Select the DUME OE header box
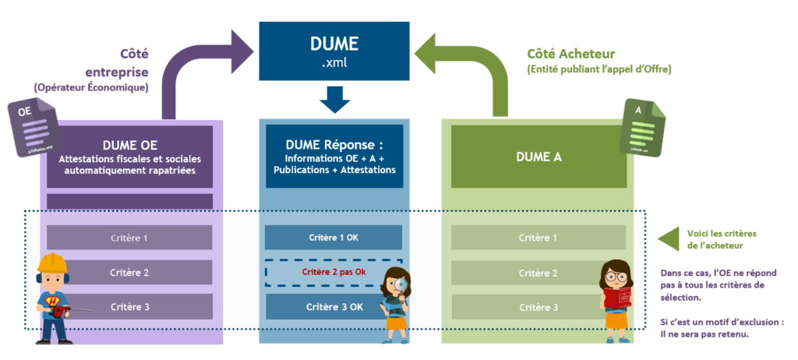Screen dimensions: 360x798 click(x=129, y=156)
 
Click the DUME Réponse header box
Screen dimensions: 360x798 click(x=334, y=157)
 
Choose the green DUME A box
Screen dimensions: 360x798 click(x=538, y=157)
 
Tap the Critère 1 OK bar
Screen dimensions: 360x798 click(x=334, y=237)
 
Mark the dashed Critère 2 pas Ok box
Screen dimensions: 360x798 click(x=334, y=272)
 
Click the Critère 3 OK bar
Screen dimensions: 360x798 click(x=334, y=306)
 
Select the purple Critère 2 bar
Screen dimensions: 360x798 click(x=129, y=272)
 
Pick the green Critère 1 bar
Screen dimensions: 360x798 click(x=538, y=237)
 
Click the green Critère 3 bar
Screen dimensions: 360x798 click(x=538, y=306)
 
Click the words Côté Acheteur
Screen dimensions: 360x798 click(x=571, y=54)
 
